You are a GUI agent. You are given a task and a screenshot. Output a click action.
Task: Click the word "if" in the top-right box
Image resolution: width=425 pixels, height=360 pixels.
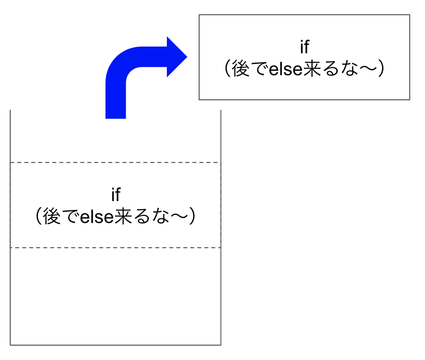tap(304, 47)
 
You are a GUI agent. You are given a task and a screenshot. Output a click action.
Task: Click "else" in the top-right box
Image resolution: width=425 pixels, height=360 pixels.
tap(285, 69)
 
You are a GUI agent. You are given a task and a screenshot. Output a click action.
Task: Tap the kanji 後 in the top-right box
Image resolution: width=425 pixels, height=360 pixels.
tap(240, 69)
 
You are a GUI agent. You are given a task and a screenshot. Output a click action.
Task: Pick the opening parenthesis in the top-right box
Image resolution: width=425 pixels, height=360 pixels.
tap(228, 69)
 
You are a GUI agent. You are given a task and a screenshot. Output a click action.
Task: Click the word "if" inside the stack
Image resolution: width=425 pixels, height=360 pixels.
tap(116, 194)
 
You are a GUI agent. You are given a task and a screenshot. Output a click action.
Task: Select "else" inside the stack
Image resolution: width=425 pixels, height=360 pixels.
tap(97, 216)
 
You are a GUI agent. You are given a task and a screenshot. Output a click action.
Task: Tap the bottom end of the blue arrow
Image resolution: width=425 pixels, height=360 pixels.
tap(116, 118)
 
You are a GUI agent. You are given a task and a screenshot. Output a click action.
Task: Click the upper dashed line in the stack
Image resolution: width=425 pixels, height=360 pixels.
tap(115, 163)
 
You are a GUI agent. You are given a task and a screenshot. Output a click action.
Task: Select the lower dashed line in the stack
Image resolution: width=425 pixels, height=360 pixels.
tap(115, 248)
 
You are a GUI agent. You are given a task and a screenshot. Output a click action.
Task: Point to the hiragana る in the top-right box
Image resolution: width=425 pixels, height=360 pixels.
tap(331, 69)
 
